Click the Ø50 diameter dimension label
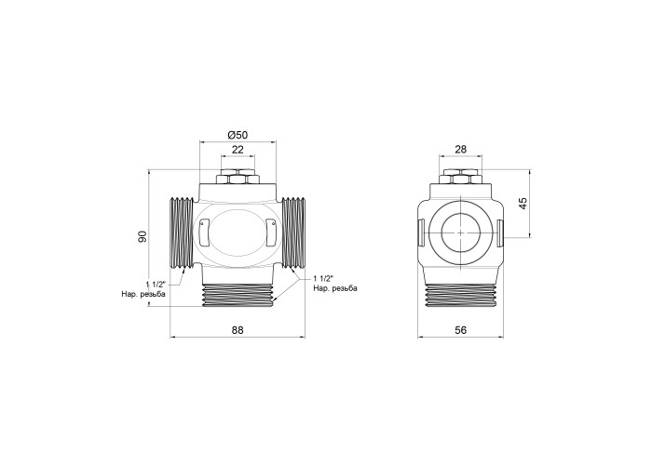(x=238, y=135)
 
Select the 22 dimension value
(x=238, y=150)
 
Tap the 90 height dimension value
(x=143, y=236)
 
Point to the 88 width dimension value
(x=238, y=329)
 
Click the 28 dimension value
(x=461, y=149)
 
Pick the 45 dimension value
(x=523, y=203)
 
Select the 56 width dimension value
(x=461, y=329)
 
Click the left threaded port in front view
(x=183, y=232)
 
